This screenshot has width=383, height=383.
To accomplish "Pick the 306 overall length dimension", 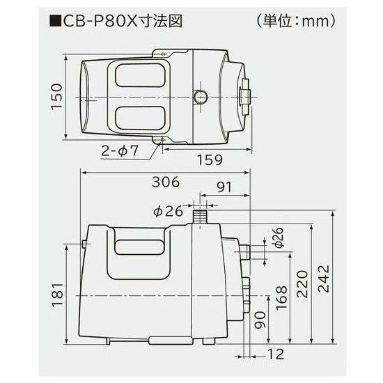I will [164, 182].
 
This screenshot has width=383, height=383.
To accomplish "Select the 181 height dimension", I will [58, 295].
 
